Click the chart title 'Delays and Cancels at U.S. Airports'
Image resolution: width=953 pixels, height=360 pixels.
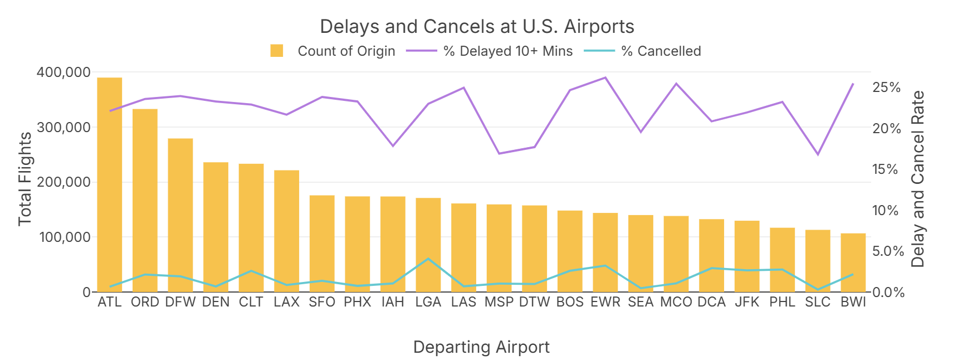tap(477, 27)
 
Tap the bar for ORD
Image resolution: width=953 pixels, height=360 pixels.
tap(145, 201)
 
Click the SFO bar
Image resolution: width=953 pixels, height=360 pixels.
tap(322, 244)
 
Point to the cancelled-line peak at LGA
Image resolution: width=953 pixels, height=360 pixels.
tap(428, 259)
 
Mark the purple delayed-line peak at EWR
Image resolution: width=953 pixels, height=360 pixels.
tap(605, 77)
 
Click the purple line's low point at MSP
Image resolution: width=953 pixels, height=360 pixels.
tap(499, 153)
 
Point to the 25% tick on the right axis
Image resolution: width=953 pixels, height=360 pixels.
tap(886, 87)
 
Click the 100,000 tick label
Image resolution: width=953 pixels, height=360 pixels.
tap(63, 237)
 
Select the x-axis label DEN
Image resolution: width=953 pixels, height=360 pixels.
tap(216, 302)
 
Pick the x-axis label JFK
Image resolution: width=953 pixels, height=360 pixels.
tap(746, 302)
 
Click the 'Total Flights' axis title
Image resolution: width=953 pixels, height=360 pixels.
tap(25, 179)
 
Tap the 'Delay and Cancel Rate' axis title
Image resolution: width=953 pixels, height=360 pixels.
tap(917, 179)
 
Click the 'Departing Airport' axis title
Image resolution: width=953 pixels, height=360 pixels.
tap(481, 347)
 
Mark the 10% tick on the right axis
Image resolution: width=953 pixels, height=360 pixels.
tap(886, 211)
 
